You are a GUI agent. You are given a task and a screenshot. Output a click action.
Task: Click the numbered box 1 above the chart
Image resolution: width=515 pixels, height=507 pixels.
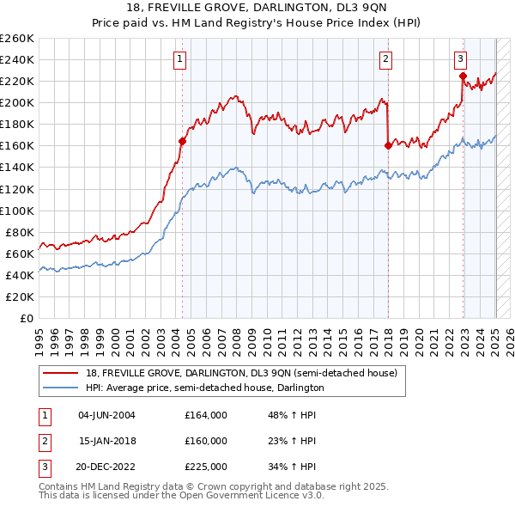[x=180, y=59]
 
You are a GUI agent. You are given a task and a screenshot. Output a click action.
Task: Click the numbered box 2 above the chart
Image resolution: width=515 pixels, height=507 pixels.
[x=386, y=59]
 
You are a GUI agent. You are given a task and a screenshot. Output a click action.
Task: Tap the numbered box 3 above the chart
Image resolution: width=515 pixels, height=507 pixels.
[x=461, y=59]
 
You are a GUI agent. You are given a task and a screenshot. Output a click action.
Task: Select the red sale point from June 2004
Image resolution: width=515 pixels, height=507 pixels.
[x=182, y=141]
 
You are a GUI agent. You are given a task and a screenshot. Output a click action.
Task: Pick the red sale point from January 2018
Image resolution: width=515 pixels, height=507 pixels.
[x=388, y=145]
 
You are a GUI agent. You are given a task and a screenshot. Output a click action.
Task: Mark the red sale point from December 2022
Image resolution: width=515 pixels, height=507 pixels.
[x=463, y=76]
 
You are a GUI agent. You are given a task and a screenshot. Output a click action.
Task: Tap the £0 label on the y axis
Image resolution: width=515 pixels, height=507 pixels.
[x=26, y=318]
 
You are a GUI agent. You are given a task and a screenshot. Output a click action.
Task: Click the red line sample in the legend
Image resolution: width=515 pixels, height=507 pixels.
[x=62, y=374]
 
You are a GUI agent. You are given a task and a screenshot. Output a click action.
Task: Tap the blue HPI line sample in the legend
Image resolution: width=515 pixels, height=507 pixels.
[x=62, y=388]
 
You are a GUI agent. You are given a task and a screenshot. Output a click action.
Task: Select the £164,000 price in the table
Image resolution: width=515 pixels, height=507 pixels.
[x=205, y=415]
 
